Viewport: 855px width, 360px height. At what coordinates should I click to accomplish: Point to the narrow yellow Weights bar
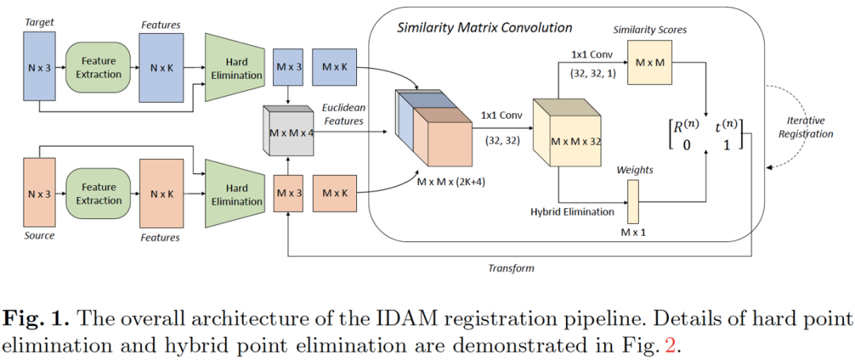click(x=633, y=201)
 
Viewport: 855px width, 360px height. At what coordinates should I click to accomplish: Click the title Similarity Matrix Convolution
click(x=484, y=28)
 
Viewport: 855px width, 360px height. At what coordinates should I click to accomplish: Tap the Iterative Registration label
click(x=805, y=127)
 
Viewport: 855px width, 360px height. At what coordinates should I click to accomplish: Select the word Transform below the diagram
click(x=511, y=267)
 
